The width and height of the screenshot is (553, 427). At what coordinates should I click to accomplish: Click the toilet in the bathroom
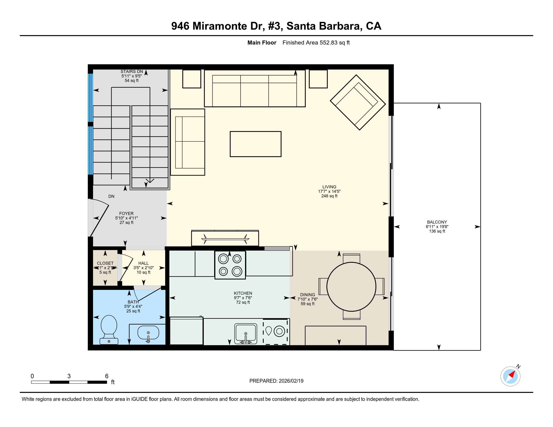click(x=109, y=329)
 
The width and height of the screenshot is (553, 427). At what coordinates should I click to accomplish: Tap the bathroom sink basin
click(x=148, y=333)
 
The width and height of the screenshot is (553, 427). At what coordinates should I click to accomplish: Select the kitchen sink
click(x=245, y=333)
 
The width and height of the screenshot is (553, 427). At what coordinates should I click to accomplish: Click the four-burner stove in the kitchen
click(x=230, y=265)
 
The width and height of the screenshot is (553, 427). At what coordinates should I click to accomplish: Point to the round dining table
click(x=351, y=287)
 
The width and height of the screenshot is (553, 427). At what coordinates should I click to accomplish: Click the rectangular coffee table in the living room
click(x=255, y=144)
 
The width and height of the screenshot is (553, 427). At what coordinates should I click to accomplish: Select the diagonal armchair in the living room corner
click(x=357, y=102)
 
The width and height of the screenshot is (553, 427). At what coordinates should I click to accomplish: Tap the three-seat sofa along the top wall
click(x=254, y=88)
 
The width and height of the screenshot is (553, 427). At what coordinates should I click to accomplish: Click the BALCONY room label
click(x=437, y=222)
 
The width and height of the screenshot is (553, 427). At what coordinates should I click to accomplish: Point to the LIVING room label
click(x=329, y=187)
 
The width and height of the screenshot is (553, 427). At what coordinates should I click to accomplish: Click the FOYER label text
click(x=126, y=213)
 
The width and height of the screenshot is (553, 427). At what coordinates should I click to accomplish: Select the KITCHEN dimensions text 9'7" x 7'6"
click(x=243, y=298)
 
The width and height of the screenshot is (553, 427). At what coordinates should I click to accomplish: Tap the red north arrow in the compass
click(x=512, y=374)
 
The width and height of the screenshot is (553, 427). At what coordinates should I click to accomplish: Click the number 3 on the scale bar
click(x=69, y=376)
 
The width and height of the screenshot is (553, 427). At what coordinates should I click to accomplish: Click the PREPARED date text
click(x=276, y=381)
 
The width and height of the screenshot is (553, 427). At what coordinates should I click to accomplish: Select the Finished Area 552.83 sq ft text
click(x=316, y=43)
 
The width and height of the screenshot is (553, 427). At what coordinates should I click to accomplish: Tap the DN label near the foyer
click(x=111, y=196)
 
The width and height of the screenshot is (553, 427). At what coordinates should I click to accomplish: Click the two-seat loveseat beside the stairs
click(x=188, y=142)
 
